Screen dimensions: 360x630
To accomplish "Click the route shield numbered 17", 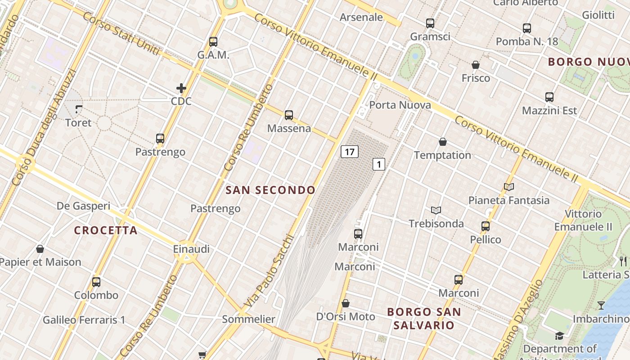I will pyautogui.click(x=350, y=152).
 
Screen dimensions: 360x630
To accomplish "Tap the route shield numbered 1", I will pyautogui.click(x=379, y=164).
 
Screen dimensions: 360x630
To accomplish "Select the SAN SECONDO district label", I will pyautogui.click(x=270, y=190).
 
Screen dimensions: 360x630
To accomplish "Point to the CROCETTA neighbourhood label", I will pyautogui.click(x=106, y=230).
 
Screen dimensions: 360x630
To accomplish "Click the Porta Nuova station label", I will pyautogui.click(x=400, y=105).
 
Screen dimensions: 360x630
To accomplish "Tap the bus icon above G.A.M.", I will pyautogui.click(x=213, y=42).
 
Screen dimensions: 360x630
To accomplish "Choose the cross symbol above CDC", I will pyautogui.click(x=181, y=88).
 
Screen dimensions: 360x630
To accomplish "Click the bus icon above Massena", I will pyautogui.click(x=289, y=115).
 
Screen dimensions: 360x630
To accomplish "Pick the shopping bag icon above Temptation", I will pyautogui.click(x=443, y=142).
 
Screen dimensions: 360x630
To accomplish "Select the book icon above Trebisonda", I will pyautogui.click(x=436, y=210).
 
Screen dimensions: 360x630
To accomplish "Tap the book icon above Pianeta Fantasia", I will pyautogui.click(x=509, y=187).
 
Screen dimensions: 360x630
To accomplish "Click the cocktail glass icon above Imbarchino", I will pyautogui.click(x=601, y=306).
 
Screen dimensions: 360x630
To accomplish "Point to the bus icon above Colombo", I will pyautogui.click(x=96, y=282).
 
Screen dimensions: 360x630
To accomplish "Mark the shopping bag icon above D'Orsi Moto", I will pyautogui.click(x=346, y=303).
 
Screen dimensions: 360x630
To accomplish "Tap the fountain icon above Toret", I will pyautogui.click(x=79, y=109).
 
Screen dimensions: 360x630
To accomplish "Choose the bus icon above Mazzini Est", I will pyautogui.click(x=549, y=97).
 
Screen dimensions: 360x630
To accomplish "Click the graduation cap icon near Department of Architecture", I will pyautogui.click(x=559, y=336).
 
